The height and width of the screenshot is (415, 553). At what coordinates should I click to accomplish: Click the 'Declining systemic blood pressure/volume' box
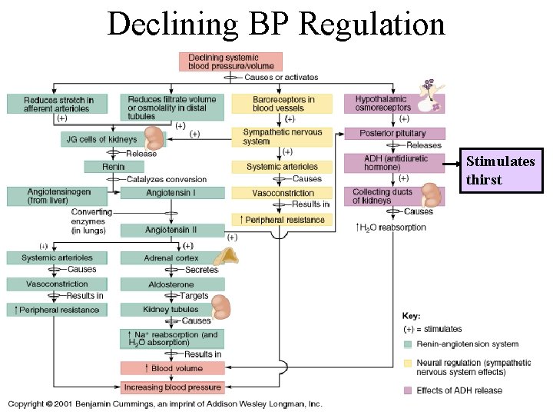[x=230, y=61]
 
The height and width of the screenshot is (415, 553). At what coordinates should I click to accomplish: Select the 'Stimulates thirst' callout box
[x=501, y=171]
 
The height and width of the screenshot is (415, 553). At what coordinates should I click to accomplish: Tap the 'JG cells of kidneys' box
[x=102, y=139]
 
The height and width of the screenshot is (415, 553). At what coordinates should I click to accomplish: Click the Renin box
[x=113, y=167]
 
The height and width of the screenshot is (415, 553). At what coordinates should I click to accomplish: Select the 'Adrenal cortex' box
[x=171, y=258]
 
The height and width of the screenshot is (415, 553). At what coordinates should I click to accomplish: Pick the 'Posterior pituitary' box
[x=392, y=133]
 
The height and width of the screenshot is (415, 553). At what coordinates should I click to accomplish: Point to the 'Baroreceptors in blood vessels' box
[x=283, y=104]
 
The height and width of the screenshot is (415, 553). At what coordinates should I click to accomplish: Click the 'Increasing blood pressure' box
[x=172, y=387]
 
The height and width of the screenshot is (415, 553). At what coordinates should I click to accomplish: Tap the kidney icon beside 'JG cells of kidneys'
[x=154, y=138]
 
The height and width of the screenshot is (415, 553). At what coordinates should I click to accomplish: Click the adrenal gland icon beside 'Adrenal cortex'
[x=227, y=259]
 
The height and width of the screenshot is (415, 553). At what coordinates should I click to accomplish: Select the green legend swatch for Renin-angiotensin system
[x=408, y=344]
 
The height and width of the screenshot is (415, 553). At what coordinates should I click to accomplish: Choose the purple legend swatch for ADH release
[x=408, y=390]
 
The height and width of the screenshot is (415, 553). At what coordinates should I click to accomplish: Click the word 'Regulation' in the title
[x=373, y=24]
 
